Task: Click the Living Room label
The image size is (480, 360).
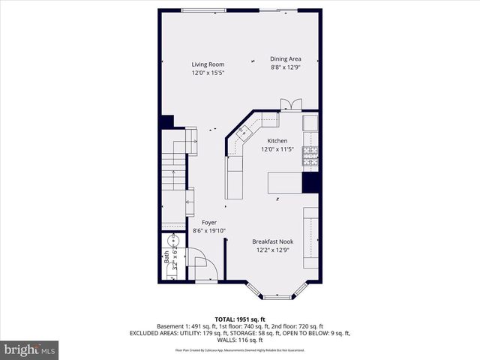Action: click(208, 64)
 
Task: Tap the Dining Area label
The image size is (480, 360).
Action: click(285, 58)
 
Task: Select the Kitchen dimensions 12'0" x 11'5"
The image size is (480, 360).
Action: click(277, 149)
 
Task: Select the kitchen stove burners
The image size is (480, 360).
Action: click(310, 155)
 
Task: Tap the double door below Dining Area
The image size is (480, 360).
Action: click(289, 105)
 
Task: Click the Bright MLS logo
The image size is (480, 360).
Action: click(30, 349)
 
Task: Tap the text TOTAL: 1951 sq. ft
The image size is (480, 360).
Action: click(239, 319)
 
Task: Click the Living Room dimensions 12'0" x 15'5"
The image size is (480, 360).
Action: click(208, 73)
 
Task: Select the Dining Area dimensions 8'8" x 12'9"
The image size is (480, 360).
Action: click(285, 67)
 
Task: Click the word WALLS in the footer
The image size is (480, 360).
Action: click(222, 341)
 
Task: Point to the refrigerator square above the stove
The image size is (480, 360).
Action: click(310, 122)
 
